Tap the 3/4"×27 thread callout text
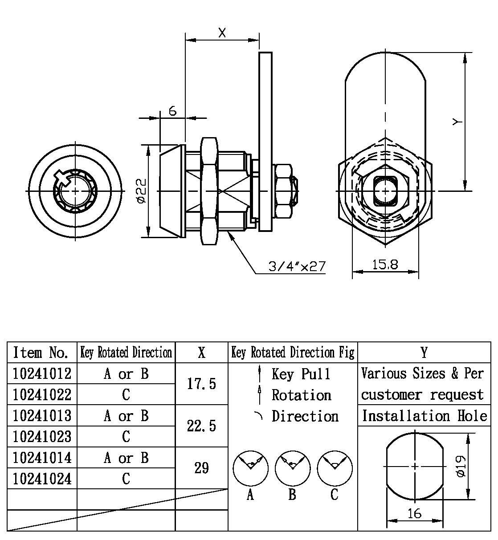pyautogui.click(x=297, y=267)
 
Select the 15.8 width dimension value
pyautogui.click(x=385, y=264)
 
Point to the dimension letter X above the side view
pyautogui.click(x=222, y=32)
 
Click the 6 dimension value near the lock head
pyautogui.click(x=173, y=110)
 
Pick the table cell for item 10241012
pyautogui.click(x=42, y=374)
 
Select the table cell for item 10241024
pyautogui.click(x=42, y=479)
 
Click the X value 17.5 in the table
pyautogui.click(x=201, y=384)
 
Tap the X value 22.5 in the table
pyautogui.click(x=201, y=426)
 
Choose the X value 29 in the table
pyautogui.click(x=201, y=468)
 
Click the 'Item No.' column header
pyautogui.click(x=41, y=353)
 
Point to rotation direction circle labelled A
pyautogui.click(x=251, y=468)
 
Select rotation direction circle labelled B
pyautogui.click(x=293, y=468)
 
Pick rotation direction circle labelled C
pyautogui.click(x=335, y=468)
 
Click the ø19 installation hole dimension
pyautogui.click(x=461, y=466)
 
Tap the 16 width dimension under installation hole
pyautogui.click(x=414, y=513)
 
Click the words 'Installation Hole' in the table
pyautogui.click(x=424, y=416)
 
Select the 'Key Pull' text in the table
pyautogui.click(x=301, y=374)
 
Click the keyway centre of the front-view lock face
pyautogui.click(x=74, y=191)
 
